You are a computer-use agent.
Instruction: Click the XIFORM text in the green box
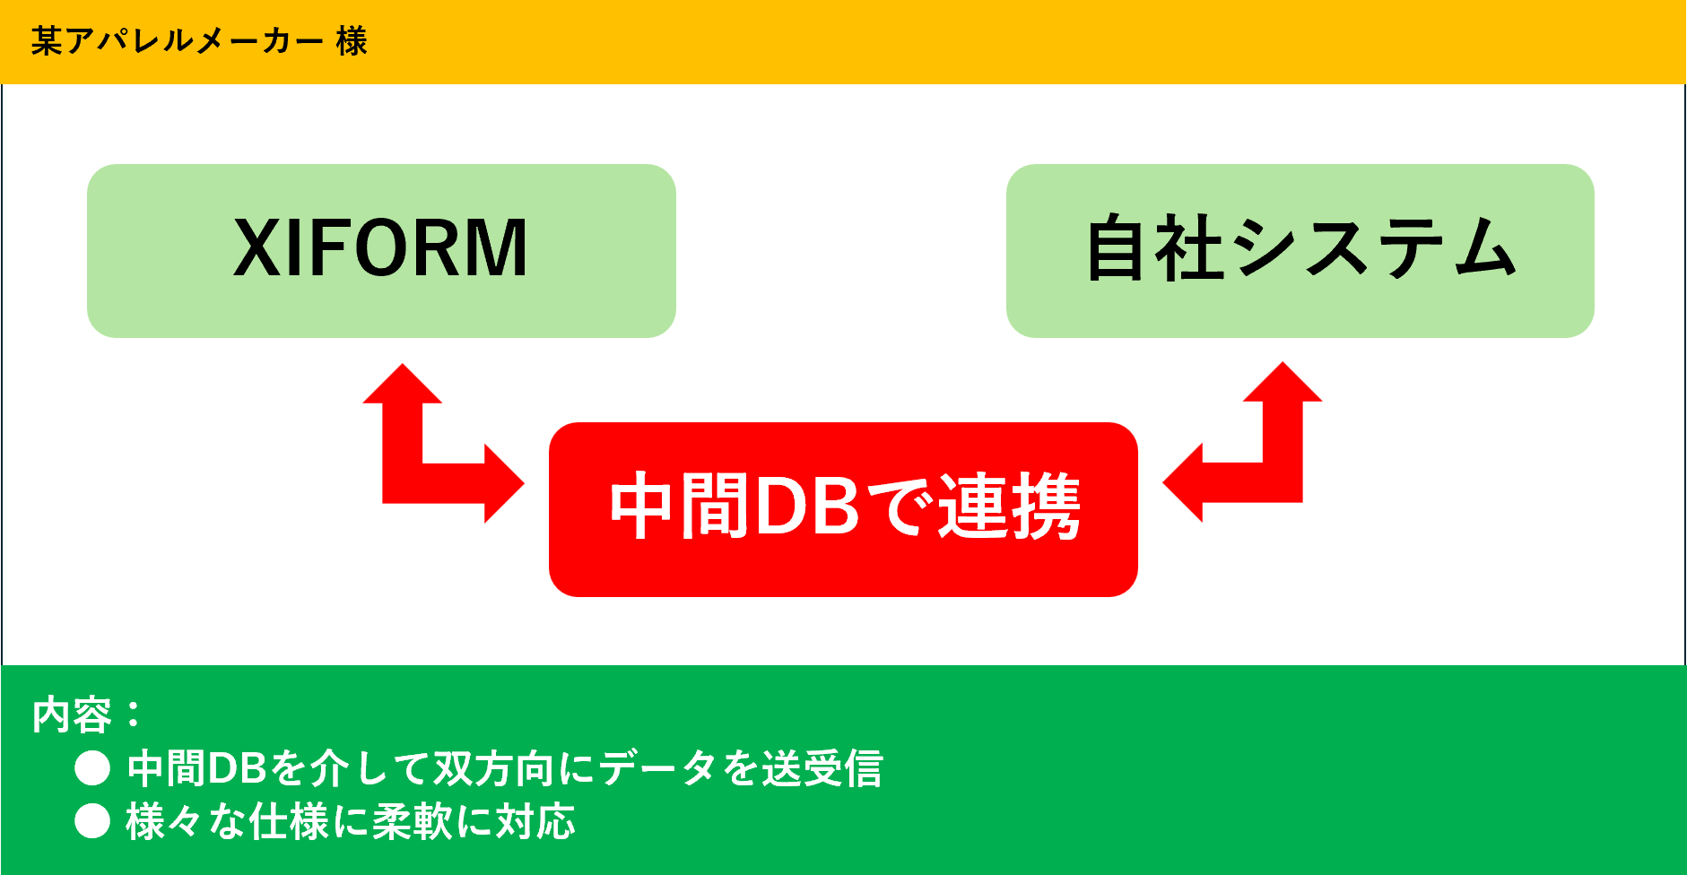click(x=381, y=248)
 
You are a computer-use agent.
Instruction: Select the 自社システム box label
click(x=1300, y=248)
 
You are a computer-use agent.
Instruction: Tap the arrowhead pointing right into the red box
click(x=502, y=483)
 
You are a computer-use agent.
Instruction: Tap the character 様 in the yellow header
click(x=352, y=41)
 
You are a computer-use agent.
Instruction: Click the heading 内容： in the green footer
click(x=87, y=715)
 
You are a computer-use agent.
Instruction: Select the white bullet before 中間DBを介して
click(x=92, y=768)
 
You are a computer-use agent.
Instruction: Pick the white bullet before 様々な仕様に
click(x=92, y=821)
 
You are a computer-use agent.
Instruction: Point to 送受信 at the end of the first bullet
click(x=822, y=768)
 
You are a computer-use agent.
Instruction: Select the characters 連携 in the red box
click(x=1009, y=507)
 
